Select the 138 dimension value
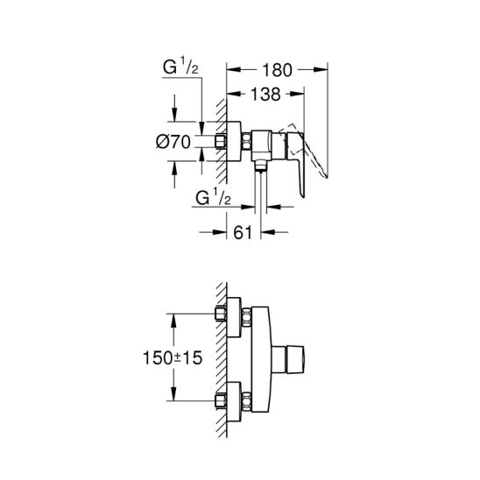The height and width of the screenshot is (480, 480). click(263, 90)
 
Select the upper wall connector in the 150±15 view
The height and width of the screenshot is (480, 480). click(229, 317)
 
